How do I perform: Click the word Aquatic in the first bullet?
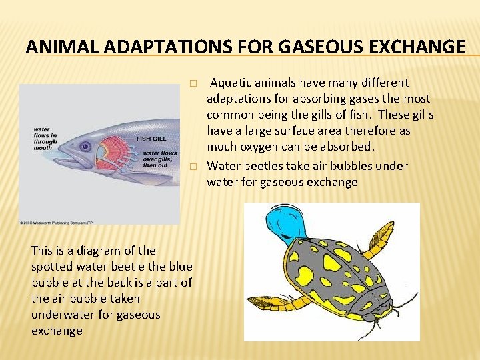coord(231,83)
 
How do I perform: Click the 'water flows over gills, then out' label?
coord(159,160)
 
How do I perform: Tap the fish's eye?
coord(85,146)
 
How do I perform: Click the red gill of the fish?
coord(113,153)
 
